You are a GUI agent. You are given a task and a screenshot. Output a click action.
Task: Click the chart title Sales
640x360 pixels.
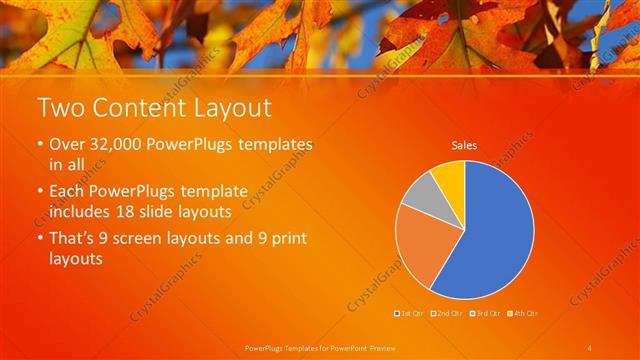click(x=464, y=146)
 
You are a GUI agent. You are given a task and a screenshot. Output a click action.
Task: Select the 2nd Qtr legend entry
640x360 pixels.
click(x=447, y=313)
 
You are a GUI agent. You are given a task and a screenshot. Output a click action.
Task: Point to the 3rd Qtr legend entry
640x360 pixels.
click(x=484, y=313)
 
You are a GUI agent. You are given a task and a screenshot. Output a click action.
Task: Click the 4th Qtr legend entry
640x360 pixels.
click(x=521, y=313)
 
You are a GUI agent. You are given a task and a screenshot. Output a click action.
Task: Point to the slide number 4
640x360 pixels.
click(x=590, y=347)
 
